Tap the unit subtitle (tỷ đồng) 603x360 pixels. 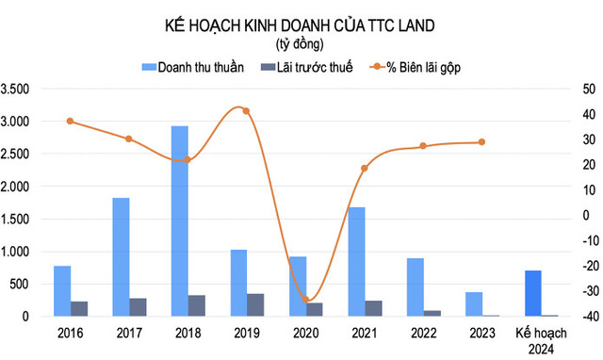pos(300,44)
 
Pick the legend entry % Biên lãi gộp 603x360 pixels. pos(420,67)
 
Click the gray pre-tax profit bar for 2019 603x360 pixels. pos(255,304)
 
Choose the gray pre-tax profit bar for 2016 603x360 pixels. pos(79,308)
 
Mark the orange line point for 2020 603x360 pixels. pos(305,300)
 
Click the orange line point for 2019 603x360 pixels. pos(246,111)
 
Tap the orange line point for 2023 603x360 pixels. pos(481,142)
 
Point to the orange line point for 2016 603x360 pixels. pos(70,122)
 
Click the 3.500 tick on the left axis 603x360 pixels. pos(18,90)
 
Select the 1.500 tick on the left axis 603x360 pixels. pos(18,219)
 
